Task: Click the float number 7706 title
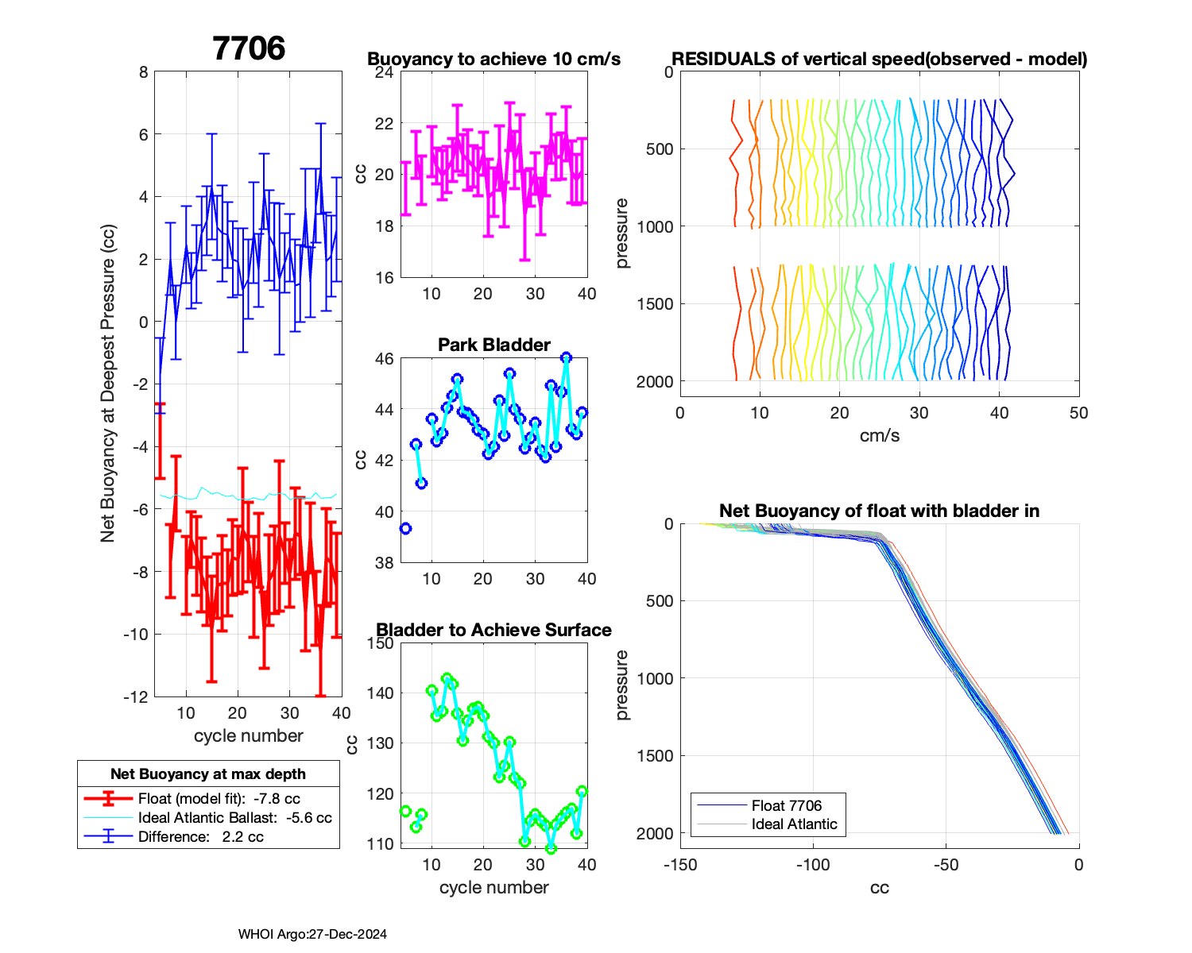[249, 48]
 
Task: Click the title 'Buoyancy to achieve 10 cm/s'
[493, 59]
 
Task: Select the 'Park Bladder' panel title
[493, 345]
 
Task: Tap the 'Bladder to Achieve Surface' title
[493, 630]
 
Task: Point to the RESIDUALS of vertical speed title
[879, 59]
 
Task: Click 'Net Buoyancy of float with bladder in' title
[879, 511]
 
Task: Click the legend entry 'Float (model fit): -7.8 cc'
[219, 798]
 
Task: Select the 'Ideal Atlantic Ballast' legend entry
[234, 817]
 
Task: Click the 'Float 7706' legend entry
[786, 805]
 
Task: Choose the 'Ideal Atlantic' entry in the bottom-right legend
[794, 824]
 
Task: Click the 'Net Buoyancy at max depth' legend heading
[208, 774]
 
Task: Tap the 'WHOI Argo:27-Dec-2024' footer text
[312, 934]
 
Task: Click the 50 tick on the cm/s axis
[1078, 413]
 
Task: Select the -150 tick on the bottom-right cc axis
[680, 865]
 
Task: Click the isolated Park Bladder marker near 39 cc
[405, 528]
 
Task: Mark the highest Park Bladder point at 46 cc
[566, 358]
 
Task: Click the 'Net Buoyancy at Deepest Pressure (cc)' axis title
[108, 384]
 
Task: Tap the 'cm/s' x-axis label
[879, 435]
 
